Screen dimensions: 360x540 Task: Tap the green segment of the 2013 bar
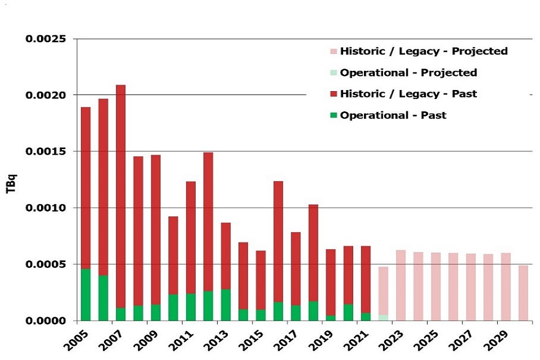(x=226, y=304)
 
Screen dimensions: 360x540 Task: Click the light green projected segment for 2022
(x=383, y=317)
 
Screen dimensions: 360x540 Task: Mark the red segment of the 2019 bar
(x=331, y=282)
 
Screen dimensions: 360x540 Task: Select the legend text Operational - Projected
(x=408, y=73)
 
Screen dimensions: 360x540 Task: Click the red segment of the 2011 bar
(x=191, y=237)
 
